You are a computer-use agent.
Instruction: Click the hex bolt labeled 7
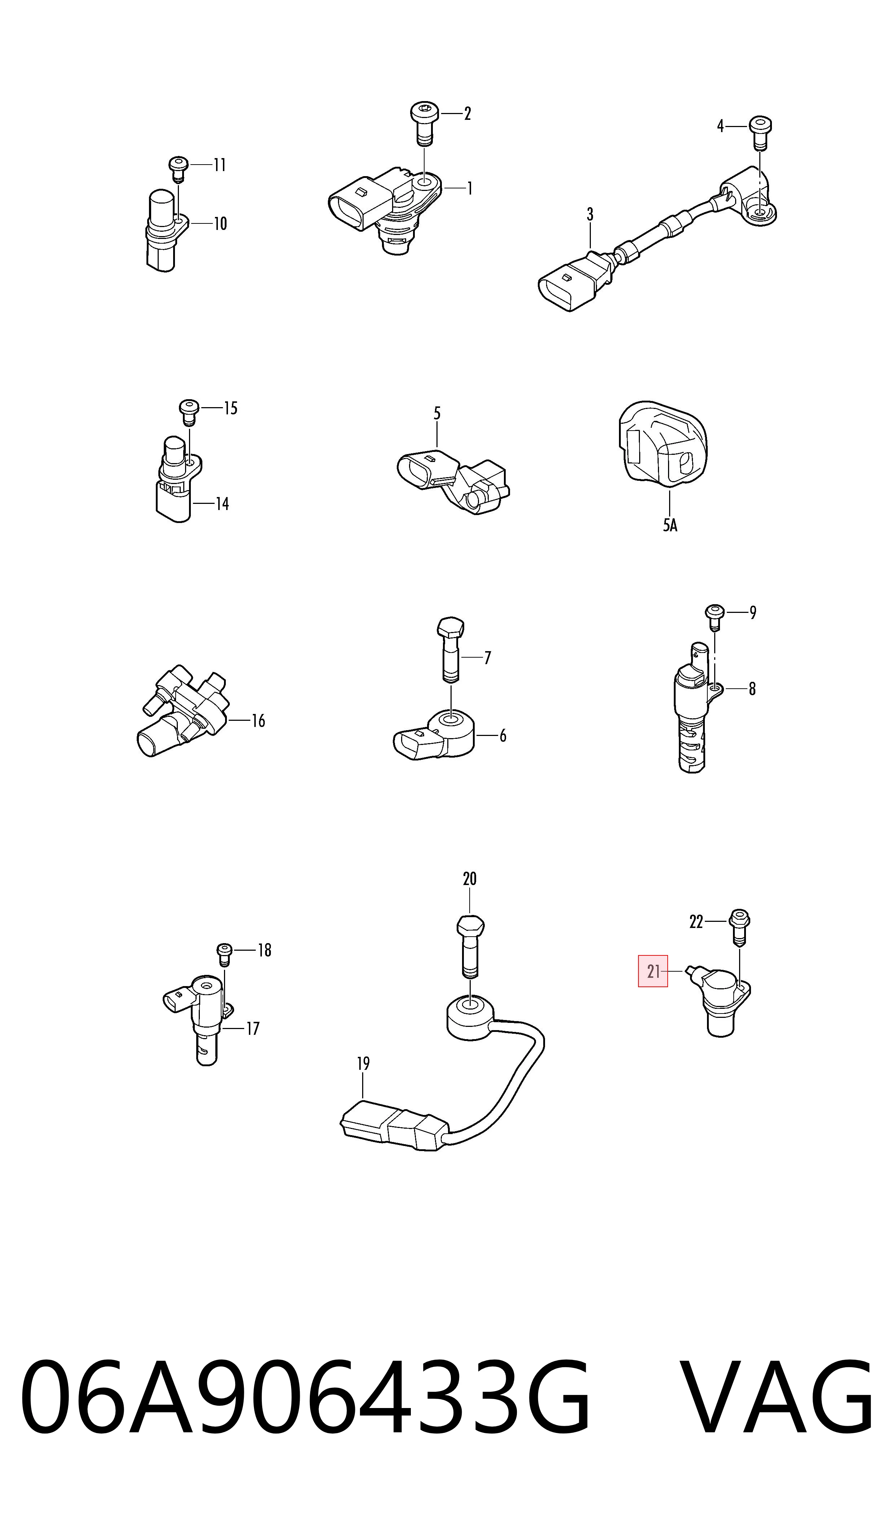[451, 650]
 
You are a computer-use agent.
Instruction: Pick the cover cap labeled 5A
[662, 443]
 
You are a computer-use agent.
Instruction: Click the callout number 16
[258, 721]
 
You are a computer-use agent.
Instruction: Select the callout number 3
[590, 214]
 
